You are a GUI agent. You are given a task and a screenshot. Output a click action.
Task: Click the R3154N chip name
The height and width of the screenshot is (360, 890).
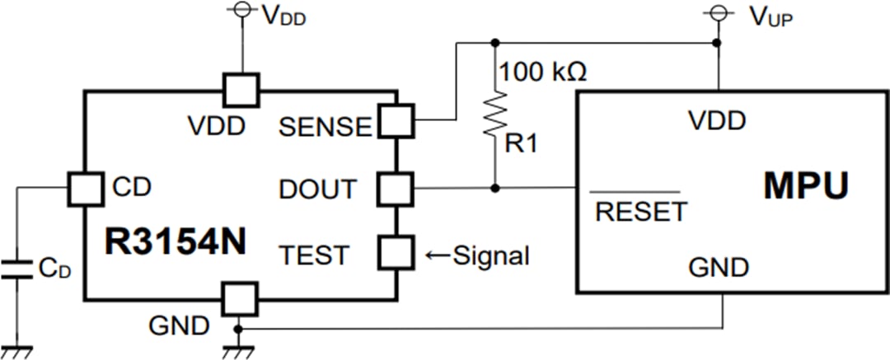(175, 241)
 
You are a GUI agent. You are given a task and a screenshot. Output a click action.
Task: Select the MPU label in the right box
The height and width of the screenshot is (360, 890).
(805, 187)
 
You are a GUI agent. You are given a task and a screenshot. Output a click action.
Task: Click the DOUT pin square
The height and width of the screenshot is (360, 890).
(395, 188)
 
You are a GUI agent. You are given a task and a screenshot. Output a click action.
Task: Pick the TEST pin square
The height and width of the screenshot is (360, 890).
(395, 252)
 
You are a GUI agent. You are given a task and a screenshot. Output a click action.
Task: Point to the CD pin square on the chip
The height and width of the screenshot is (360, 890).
(84, 188)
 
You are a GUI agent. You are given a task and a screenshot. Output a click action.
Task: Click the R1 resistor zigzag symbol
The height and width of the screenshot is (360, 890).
(495, 115)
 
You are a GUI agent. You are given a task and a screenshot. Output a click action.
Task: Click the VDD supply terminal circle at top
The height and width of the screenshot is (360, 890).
(241, 10)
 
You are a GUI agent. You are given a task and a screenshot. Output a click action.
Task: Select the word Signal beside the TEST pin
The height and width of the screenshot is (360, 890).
(490, 255)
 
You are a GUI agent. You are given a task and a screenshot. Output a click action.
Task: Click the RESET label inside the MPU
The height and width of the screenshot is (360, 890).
(640, 212)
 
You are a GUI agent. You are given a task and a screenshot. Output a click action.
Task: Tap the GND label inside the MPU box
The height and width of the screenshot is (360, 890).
(719, 267)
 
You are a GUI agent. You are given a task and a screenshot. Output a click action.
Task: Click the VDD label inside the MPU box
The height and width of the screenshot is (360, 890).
(717, 121)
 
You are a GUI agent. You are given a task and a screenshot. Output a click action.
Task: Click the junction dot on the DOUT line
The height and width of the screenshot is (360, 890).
(495, 188)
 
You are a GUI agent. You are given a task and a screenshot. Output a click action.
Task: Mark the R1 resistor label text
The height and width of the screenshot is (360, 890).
(521, 146)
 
